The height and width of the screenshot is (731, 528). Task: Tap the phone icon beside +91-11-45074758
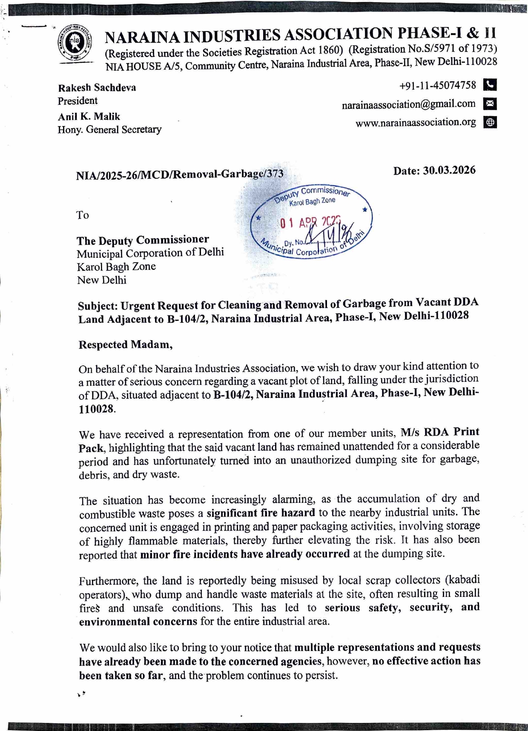pos(490,85)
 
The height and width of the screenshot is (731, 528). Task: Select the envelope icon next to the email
pos(490,103)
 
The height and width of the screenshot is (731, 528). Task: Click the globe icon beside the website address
pos(490,123)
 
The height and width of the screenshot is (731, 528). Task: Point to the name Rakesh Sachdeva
pos(97,88)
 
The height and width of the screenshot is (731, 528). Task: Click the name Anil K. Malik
pos(89,117)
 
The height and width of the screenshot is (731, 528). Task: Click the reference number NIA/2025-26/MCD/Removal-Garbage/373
pos(179,175)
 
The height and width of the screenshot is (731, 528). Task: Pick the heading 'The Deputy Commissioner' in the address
pos(143,240)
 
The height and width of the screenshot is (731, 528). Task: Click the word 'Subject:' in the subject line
pos(98,306)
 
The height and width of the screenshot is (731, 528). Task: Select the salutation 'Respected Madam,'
pos(126,344)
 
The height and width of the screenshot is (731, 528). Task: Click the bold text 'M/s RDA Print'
pos(440,432)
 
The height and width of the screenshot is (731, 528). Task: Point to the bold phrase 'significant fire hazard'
pos(261,513)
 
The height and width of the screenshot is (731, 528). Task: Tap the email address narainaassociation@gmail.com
pos(408,104)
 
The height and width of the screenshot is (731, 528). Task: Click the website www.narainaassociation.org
pos(416,123)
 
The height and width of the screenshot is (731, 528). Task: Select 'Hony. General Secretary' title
pos(109,129)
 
